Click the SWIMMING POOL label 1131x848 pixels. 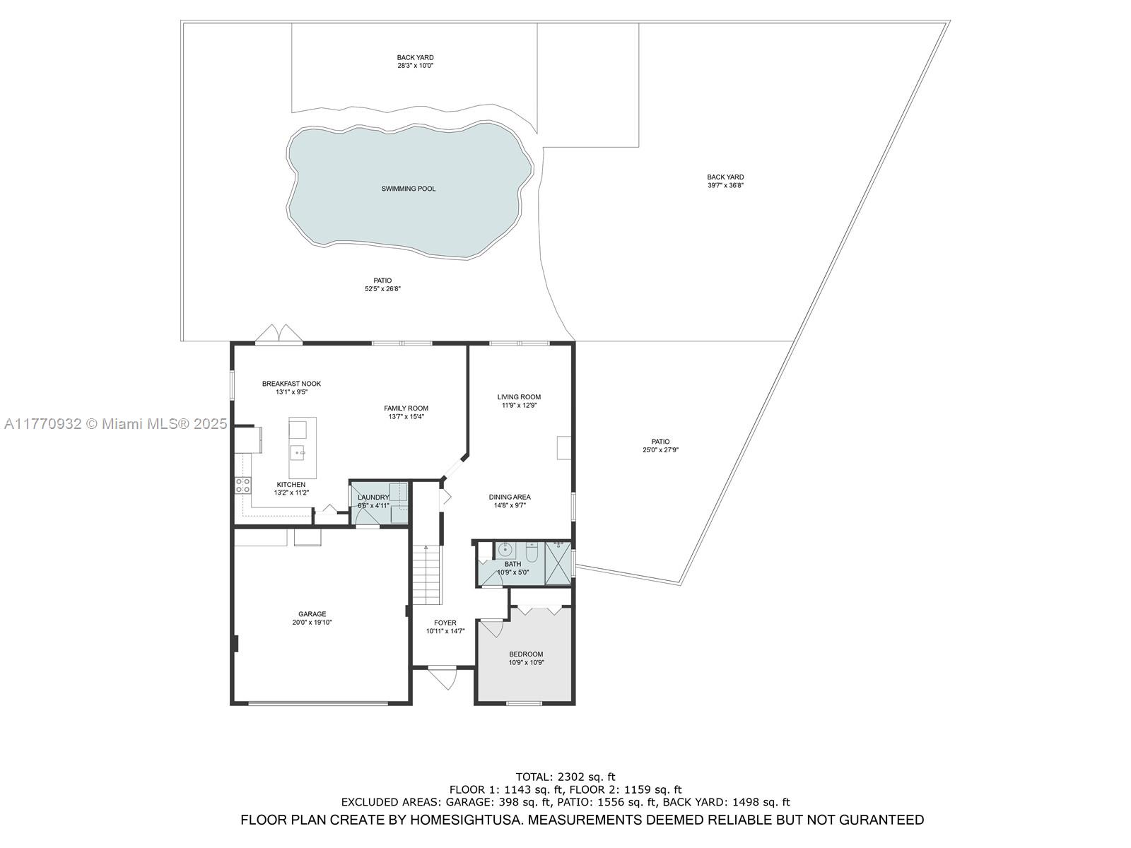tap(409, 189)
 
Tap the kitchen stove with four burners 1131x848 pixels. tap(242, 485)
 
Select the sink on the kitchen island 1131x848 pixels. tap(298, 452)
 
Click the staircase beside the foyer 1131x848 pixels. tap(426, 575)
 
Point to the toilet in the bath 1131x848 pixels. tap(532, 550)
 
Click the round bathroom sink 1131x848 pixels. tap(505, 549)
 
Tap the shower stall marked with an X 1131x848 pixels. tap(558, 563)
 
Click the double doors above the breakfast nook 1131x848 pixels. tap(279, 334)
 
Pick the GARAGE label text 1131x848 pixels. tap(312, 614)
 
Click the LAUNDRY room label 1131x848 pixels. tap(373, 497)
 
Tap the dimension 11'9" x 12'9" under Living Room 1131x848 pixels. tap(519, 406)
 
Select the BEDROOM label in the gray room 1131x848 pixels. tap(526, 654)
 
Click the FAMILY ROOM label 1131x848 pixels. tap(406, 408)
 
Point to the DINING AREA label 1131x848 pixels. tap(510, 497)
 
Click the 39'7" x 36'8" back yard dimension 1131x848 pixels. tap(725, 186)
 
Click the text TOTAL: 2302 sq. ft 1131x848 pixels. tap(565, 777)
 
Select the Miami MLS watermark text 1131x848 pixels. tap(116, 424)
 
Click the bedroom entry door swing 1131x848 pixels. tap(491, 628)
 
